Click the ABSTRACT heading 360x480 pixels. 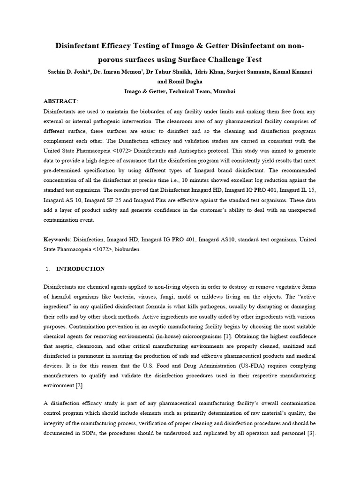60,101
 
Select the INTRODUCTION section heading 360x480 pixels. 80,269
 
